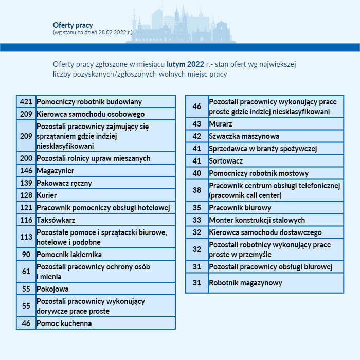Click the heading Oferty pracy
pos(73,25)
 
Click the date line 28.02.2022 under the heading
pos(93,32)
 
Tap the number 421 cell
pos(26,102)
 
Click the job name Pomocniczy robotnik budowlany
pos(89,102)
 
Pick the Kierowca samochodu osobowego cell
pos(91,114)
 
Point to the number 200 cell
pos(26,158)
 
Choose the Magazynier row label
pos(56,171)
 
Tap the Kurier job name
pos(47,195)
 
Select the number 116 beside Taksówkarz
pos(26,220)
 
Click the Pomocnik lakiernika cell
pos(69,255)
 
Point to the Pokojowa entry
pos(52,289)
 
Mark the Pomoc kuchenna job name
pos(64,323)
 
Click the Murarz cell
pos(221,124)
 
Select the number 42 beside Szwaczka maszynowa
pos(197,136)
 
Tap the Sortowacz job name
pos(226,161)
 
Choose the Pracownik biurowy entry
pos(240,208)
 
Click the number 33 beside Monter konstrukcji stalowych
pos(197,220)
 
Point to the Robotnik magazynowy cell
pos(246,283)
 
